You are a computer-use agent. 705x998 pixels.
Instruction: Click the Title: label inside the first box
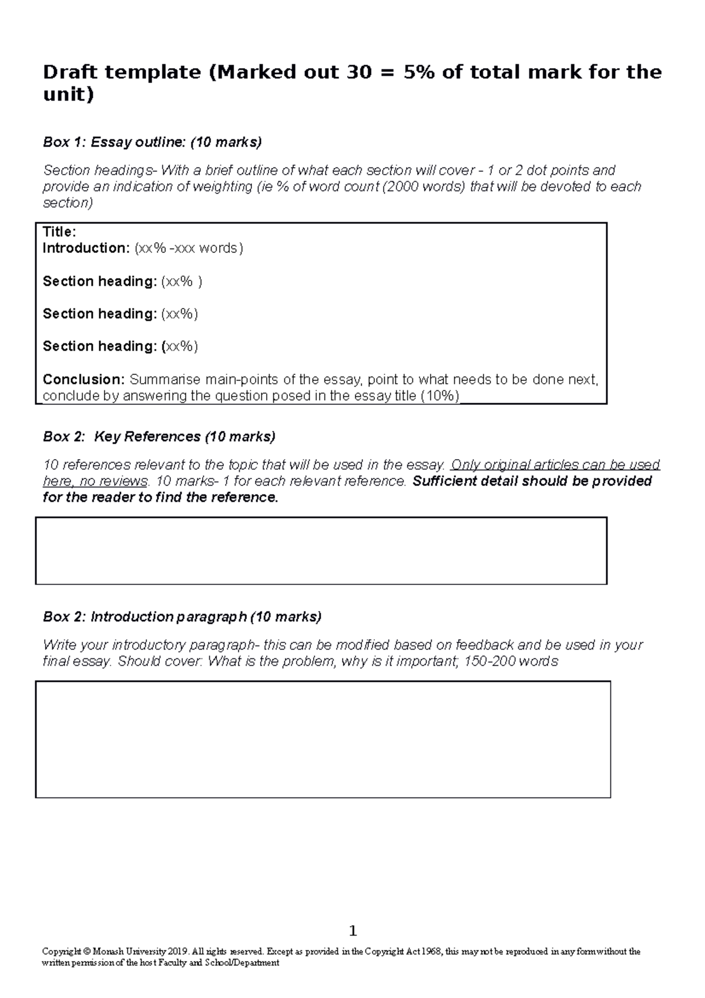pyautogui.click(x=59, y=232)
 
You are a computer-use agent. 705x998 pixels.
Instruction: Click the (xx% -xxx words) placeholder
pyautogui.click(x=189, y=248)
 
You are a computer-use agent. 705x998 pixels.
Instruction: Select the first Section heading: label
pyautogui.click(x=99, y=282)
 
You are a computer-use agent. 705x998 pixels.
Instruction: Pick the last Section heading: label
pyautogui.click(x=99, y=346)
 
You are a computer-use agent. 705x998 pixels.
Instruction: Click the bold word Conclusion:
pyautogui.click(x=83, y=379)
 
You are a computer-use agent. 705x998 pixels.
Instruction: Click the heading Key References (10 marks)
pyautogui.click(x=184, y=437)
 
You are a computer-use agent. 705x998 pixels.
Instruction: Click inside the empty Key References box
pyautogui.click(x=321, y=551)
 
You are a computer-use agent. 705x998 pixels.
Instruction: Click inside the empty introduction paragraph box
pyautogui.click(x=323, y=739)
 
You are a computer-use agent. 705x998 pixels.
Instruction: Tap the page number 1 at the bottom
pyautogui.click(x=352, y=930)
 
